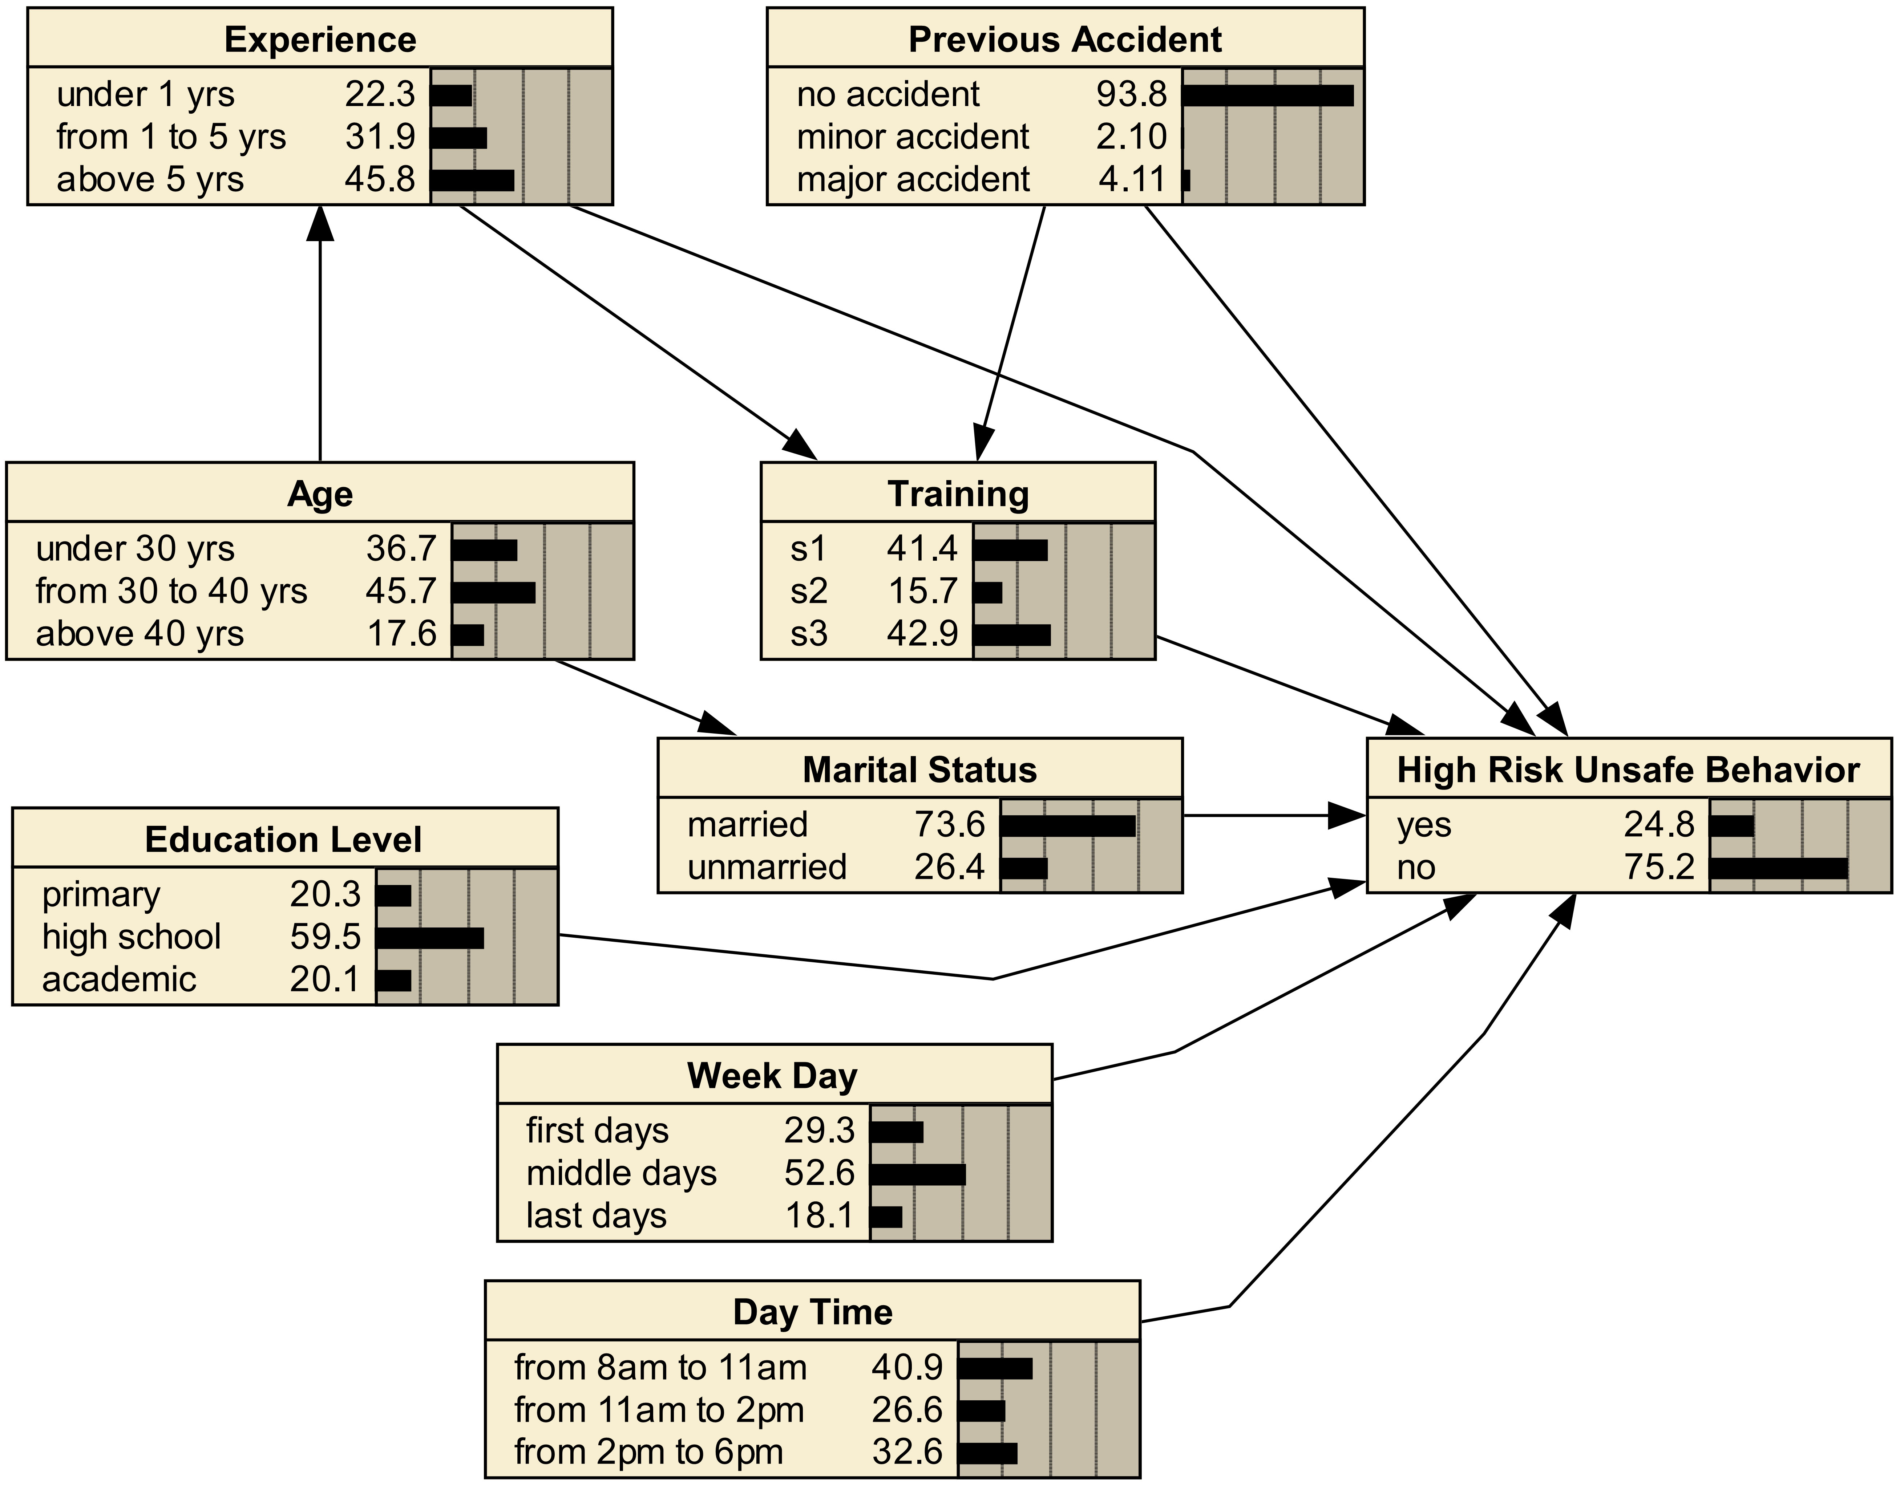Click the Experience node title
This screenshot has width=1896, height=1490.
coord(320,40)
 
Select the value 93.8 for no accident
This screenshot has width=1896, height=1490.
coord(1132,94)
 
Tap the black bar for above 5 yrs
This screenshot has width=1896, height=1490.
coord(472,180)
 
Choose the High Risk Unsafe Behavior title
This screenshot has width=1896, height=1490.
coord(1628,770)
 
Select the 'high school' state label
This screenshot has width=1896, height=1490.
coord(132,937)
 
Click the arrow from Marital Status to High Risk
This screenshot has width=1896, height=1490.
coord(1274,816)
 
